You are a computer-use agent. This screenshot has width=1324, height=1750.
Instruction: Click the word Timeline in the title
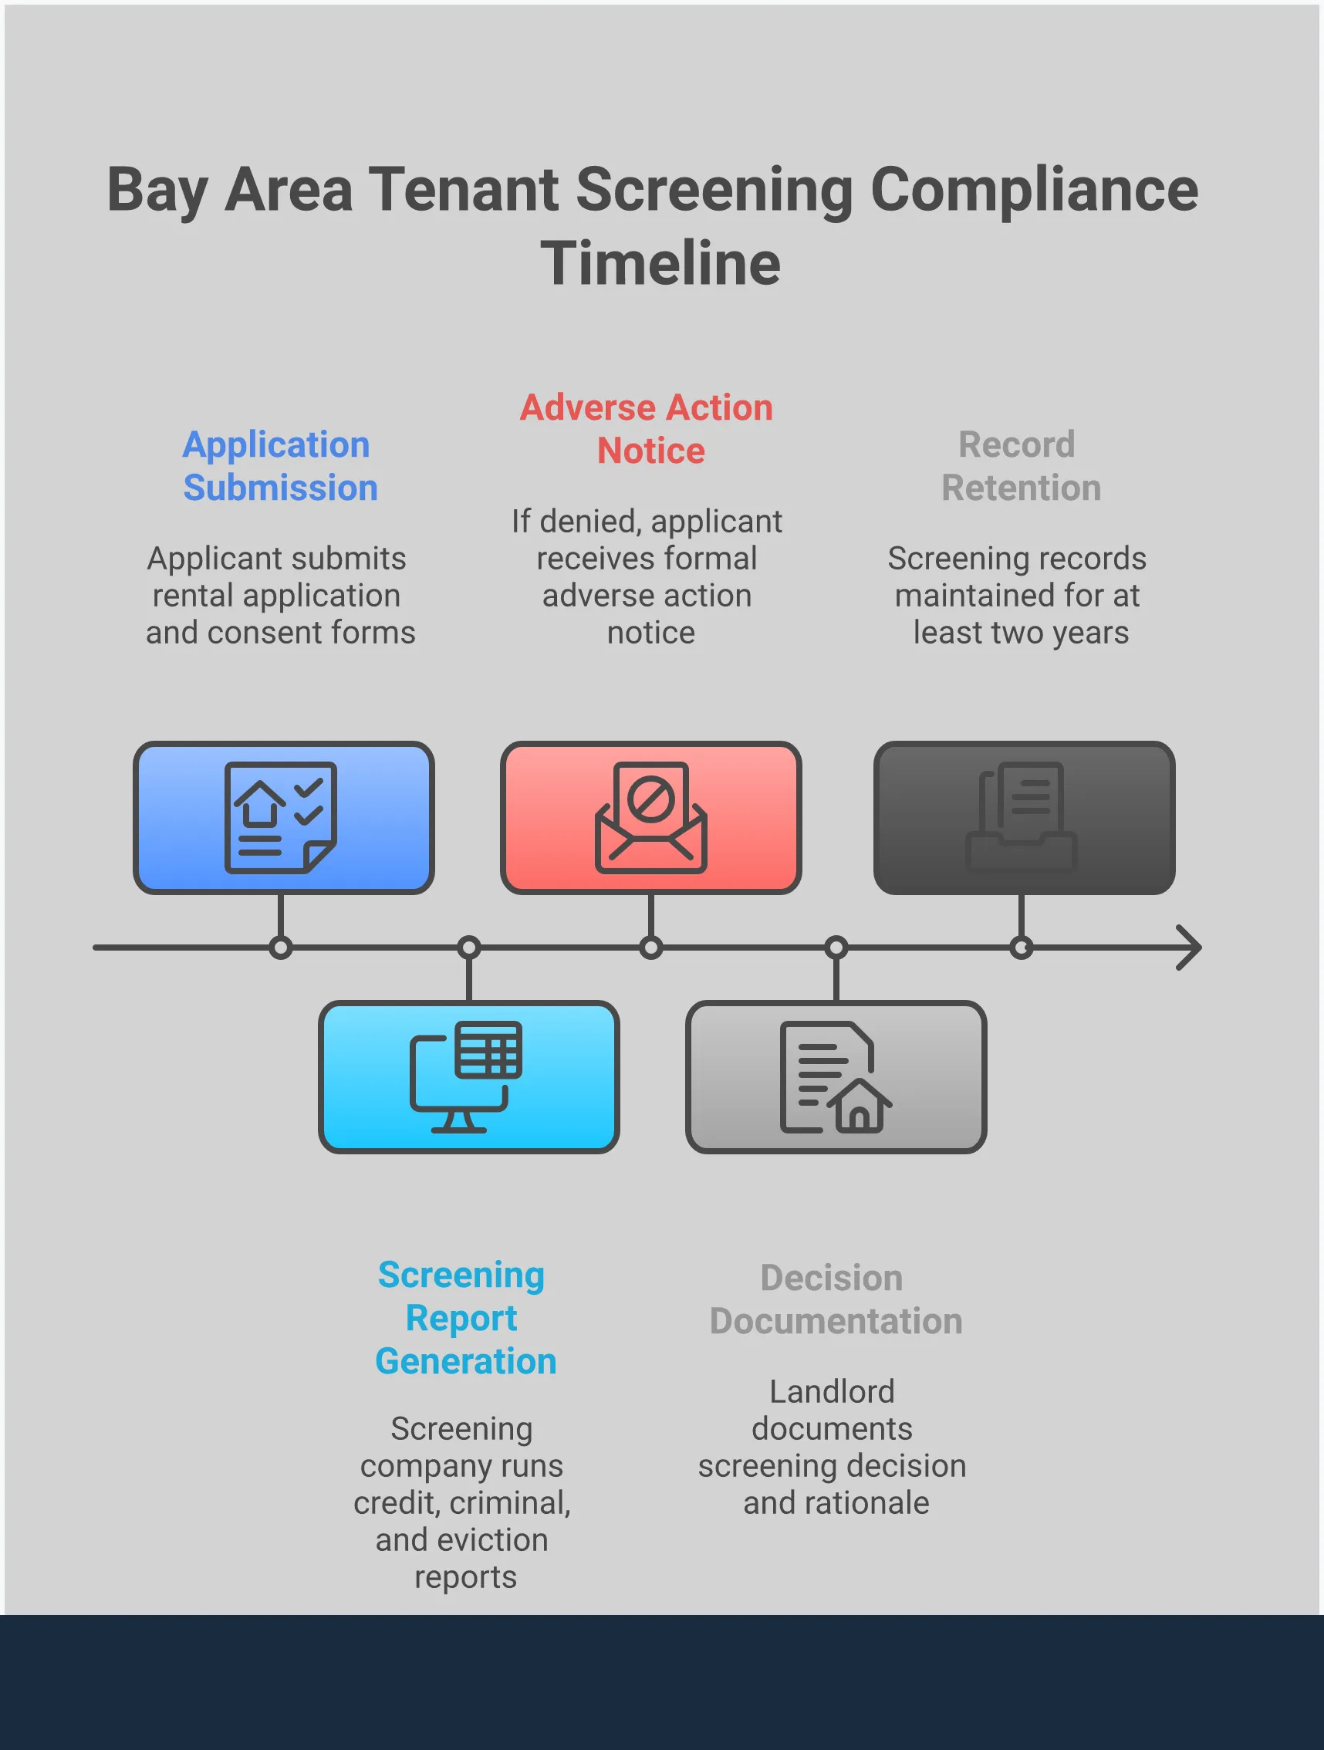[660, 263]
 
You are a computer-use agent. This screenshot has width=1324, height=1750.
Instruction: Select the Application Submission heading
[279, 466]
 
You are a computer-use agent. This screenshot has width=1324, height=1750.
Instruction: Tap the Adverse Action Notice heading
[647, 429]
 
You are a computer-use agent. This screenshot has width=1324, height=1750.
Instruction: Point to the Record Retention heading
[1018, 466]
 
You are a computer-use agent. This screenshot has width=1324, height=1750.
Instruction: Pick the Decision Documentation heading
[835, 1299]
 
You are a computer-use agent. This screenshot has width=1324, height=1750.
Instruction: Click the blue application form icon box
[283, 817]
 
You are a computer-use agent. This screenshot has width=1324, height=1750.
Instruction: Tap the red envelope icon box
[650, 817]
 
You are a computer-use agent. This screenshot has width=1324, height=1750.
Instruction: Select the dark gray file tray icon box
[1023, 817]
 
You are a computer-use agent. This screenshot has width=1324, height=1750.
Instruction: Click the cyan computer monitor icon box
[468, 1076]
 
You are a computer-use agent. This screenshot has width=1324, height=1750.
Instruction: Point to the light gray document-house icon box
[835, 1076]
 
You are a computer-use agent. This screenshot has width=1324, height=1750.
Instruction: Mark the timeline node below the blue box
[281, 947]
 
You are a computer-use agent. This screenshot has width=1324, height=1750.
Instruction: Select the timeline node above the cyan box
[469, 947]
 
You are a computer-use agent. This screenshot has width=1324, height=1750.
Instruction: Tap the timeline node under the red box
[650, 947]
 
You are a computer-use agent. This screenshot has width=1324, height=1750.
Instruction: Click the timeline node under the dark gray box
[1021, 947]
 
